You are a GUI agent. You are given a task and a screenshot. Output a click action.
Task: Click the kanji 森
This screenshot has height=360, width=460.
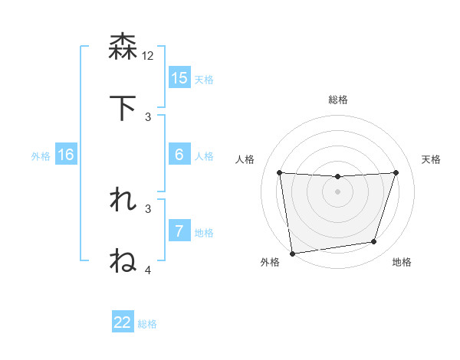click(123, 47)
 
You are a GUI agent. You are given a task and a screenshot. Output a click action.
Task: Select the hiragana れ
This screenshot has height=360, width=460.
click(123, 200)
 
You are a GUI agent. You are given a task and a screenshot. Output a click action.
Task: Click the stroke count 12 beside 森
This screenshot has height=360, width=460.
click(148, 55)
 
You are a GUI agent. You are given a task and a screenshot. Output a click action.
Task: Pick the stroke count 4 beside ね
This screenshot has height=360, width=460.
click(148, 270)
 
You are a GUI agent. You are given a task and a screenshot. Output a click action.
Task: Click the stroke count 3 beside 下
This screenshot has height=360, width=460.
click(148, 116)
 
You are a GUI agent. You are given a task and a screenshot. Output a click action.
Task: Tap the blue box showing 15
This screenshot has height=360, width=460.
click(179, 78)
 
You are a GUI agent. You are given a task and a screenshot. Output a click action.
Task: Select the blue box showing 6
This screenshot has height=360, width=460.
click(179, 155)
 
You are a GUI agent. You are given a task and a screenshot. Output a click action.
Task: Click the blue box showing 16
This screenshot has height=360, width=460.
click(66, 155)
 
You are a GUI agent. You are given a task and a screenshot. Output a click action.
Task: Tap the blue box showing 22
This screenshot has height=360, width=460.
click(123, 322)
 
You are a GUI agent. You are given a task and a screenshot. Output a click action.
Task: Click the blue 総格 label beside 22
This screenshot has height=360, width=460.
click(147, 324)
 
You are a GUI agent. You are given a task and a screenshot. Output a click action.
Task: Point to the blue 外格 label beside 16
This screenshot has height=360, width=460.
click(41, 156)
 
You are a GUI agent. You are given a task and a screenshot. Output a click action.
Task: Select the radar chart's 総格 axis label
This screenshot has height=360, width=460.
click(338, 100)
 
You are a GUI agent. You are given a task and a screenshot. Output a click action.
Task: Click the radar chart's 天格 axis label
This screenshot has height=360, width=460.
click(432, 159)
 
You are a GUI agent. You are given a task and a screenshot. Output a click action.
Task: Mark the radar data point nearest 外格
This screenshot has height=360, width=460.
click(292, 253)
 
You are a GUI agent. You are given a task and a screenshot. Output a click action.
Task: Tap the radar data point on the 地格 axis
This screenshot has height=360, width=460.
click(374, 242)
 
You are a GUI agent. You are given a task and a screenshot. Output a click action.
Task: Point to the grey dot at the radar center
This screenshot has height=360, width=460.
click(337, 191)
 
